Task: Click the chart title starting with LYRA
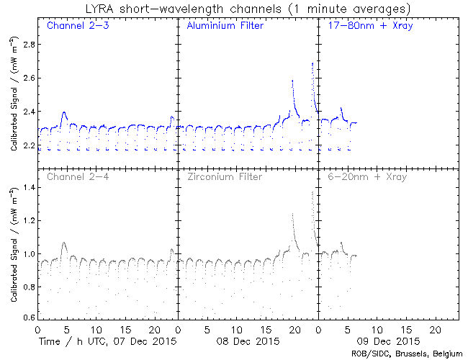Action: tap(235, 9)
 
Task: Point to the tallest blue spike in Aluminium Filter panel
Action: tap(312, 64)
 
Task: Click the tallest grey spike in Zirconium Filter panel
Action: tap(312, 192)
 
